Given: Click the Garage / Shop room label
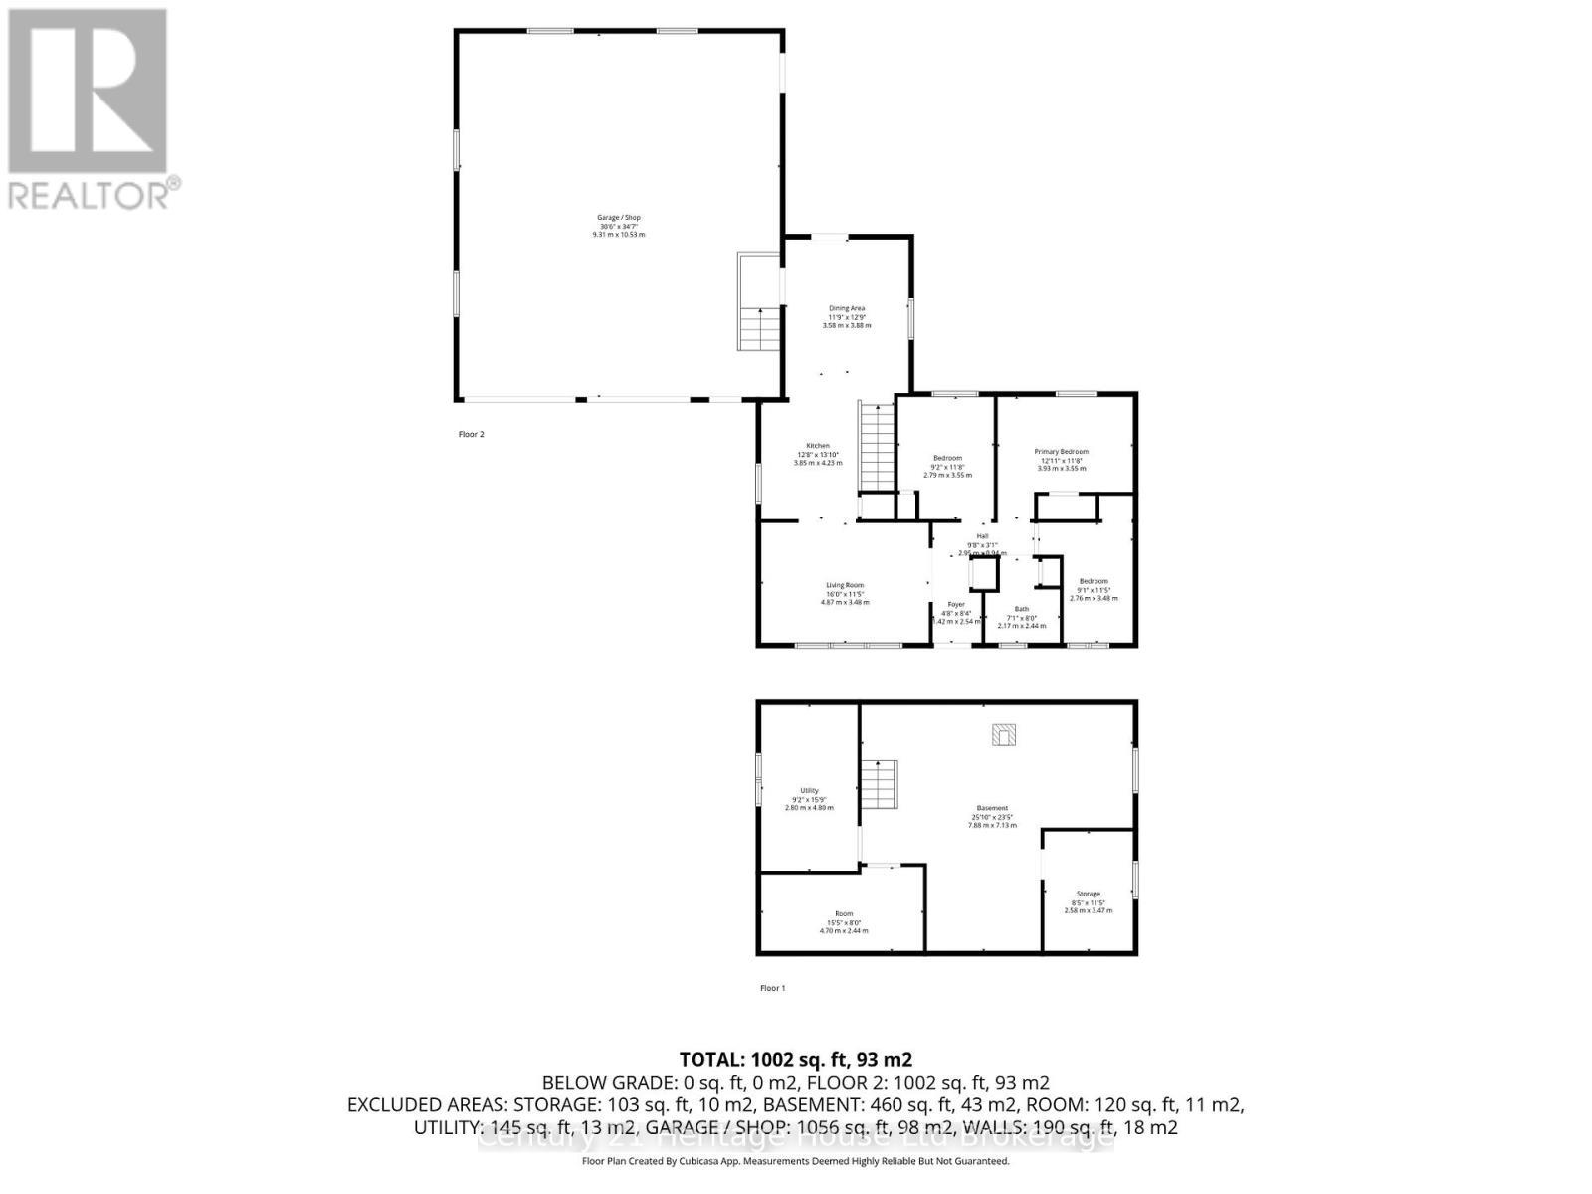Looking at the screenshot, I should pyautogui.click(x=618, y=218).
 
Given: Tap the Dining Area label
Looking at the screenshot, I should pyautogui.click(x=847, y=308).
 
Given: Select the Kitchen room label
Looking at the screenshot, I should pyautogui.click(x=818, y=446).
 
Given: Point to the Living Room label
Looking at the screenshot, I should pyautogui.click(x=845, y=585).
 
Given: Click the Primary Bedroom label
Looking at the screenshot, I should pyautogui.click(x=1062, y=451).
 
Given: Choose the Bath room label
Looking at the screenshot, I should pyautogui.click(x=1022, y=609).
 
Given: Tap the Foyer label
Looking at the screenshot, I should pyautogui.click(x=956, y=604).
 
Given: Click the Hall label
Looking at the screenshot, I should pyautogui.click(x=982, y=536).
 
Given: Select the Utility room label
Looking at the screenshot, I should pyautogui.click(x=809, y=790).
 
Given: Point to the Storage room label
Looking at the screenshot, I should pyautogui.click(x=1089, y=894).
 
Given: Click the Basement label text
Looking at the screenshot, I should pyautogui.click(x=992, y=808).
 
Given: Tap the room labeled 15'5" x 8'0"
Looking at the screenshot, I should pyautogui.click(x=844, y=921).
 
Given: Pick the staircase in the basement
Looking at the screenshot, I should pyautogui.click(x=880, y=784).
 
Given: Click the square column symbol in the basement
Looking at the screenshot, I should pyautogui.click(x=1004, y=735).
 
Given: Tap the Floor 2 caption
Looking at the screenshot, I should pyautogui.click(x=471, y=434).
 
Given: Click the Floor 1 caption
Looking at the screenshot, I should pyautogui.click(x=773, y=988).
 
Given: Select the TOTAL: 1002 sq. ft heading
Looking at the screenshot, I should pyautogui.click(x=795, y=1060).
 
